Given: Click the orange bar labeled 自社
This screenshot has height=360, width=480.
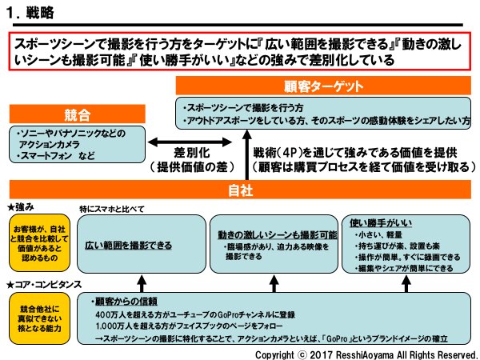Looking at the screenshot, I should (x=240, y=190).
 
